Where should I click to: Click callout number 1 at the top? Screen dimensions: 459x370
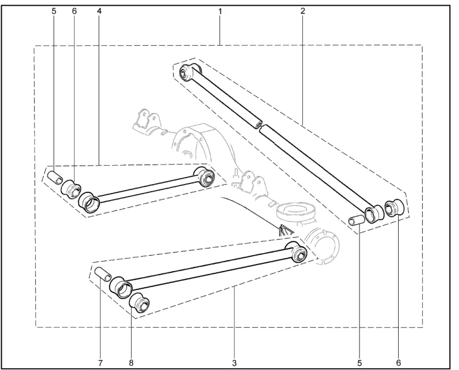[220, 12]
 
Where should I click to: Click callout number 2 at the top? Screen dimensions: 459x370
[303, 11]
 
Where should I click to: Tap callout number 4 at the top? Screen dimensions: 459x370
[99, 11]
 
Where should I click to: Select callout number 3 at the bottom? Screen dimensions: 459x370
[234, 363]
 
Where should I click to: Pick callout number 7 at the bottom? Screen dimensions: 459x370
[100, 363]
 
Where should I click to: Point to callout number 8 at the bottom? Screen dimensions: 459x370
[131, 363]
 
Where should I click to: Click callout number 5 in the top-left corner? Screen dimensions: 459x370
[54, 11]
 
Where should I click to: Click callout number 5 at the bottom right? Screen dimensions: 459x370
[359, 363]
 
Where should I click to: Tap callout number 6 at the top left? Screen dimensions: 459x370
[74, 11]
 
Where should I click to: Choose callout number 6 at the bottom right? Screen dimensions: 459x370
[398, 363]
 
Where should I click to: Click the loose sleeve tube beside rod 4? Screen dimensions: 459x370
[55, 178]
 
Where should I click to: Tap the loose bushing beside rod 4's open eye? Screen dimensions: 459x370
[71, 189]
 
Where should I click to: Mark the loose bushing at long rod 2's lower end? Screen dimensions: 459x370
[394, 209]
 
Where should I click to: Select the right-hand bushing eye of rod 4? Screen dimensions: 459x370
[205, 176]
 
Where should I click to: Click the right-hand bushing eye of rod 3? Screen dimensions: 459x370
[297, 252]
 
